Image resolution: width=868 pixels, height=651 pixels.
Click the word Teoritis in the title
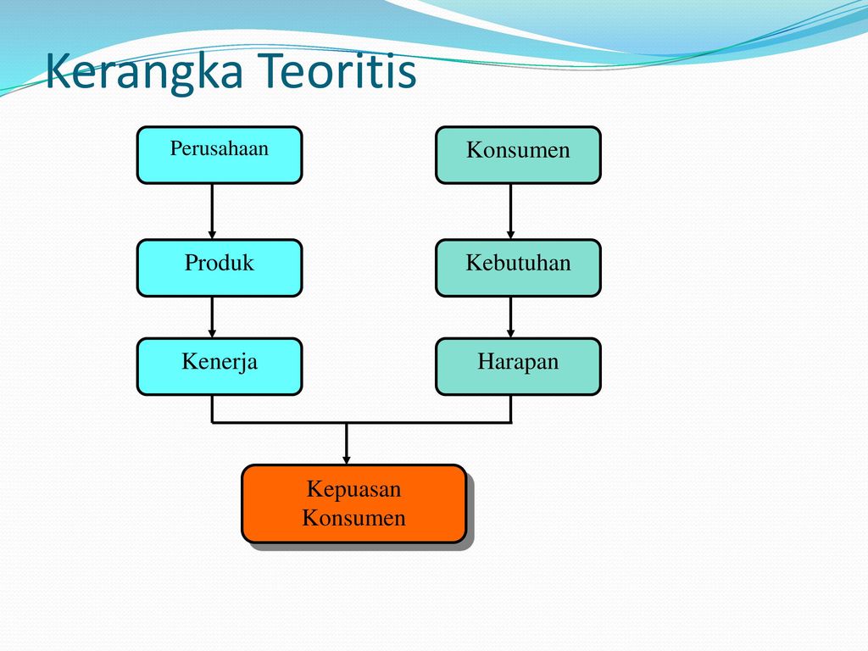337,70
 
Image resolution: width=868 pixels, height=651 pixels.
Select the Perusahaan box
220,155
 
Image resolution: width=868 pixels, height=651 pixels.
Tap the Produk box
220,268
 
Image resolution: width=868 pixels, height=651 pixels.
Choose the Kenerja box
220,366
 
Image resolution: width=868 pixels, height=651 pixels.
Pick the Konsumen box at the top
518,155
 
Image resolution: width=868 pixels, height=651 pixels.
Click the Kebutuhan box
518,268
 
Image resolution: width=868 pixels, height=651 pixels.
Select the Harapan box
518,366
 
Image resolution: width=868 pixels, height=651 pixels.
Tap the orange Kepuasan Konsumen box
354,504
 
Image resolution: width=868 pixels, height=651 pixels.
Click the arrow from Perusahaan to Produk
212,211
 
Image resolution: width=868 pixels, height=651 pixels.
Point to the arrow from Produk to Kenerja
212,317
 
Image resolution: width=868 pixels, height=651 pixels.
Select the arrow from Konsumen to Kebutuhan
510,211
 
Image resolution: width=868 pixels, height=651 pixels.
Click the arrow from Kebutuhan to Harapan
510,317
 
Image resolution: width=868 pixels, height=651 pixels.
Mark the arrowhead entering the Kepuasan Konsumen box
347,459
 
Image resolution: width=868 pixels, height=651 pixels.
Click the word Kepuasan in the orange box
353,490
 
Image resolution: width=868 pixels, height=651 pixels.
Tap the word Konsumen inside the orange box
353,518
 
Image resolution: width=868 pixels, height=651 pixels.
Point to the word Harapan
518,362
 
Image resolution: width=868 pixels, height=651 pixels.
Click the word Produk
220,263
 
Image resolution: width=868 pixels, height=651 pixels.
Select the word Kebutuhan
518,263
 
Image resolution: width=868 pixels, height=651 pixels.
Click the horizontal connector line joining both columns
361,423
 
